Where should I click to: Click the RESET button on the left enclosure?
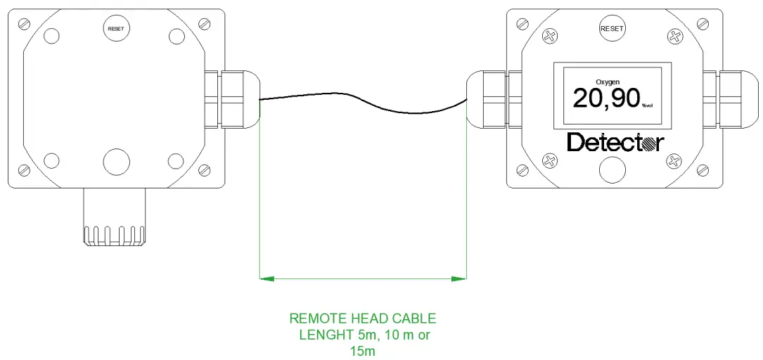(116, 29)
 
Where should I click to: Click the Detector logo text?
(615, 143)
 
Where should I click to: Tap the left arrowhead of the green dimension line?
(266, 279)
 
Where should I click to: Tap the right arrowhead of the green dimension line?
(460, 279)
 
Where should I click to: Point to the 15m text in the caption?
(362, 351)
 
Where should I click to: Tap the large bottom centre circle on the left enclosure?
(117, 161)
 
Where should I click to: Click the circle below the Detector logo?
(613, 169)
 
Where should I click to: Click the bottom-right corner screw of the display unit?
(703, 169)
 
